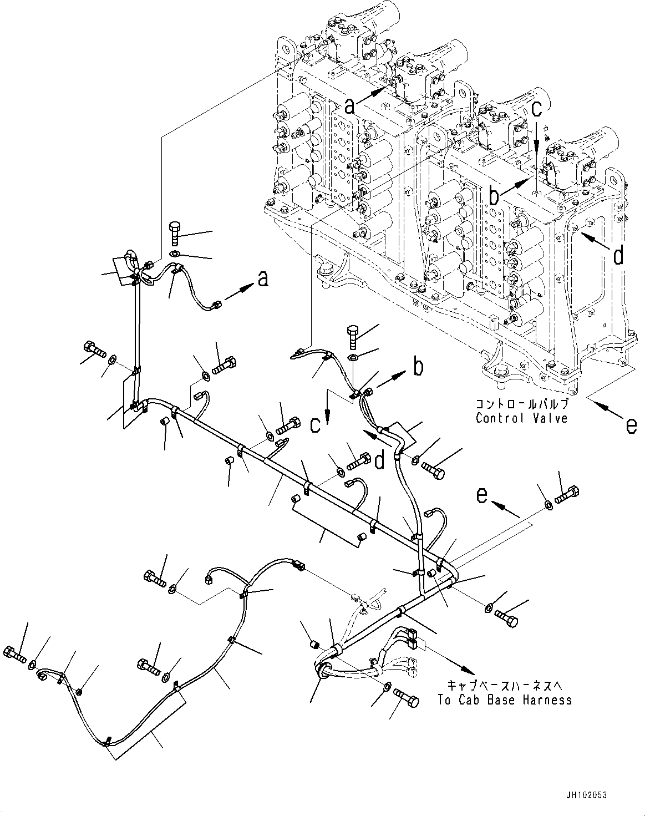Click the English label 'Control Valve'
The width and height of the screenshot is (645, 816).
coord(521,418)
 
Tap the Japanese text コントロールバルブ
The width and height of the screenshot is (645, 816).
coord(521,404)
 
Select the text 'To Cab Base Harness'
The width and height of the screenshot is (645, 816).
coord(504,700)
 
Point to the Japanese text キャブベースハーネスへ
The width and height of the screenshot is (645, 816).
coord(504,686)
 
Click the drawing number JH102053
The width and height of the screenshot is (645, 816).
coord(587,795)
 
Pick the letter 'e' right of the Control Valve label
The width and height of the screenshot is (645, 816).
coord(631,425)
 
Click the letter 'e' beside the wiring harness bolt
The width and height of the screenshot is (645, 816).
coord(483,494)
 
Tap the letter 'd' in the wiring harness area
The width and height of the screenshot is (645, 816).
coord(379,460)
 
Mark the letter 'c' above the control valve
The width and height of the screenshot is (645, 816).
coord(536,109)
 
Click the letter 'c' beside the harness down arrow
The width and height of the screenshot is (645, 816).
coord(314,424)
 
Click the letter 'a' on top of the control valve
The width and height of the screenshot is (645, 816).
coord(349,105)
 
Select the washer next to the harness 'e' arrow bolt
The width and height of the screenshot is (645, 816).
coord(548,504)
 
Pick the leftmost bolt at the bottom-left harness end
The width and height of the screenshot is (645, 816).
coord(14,655)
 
